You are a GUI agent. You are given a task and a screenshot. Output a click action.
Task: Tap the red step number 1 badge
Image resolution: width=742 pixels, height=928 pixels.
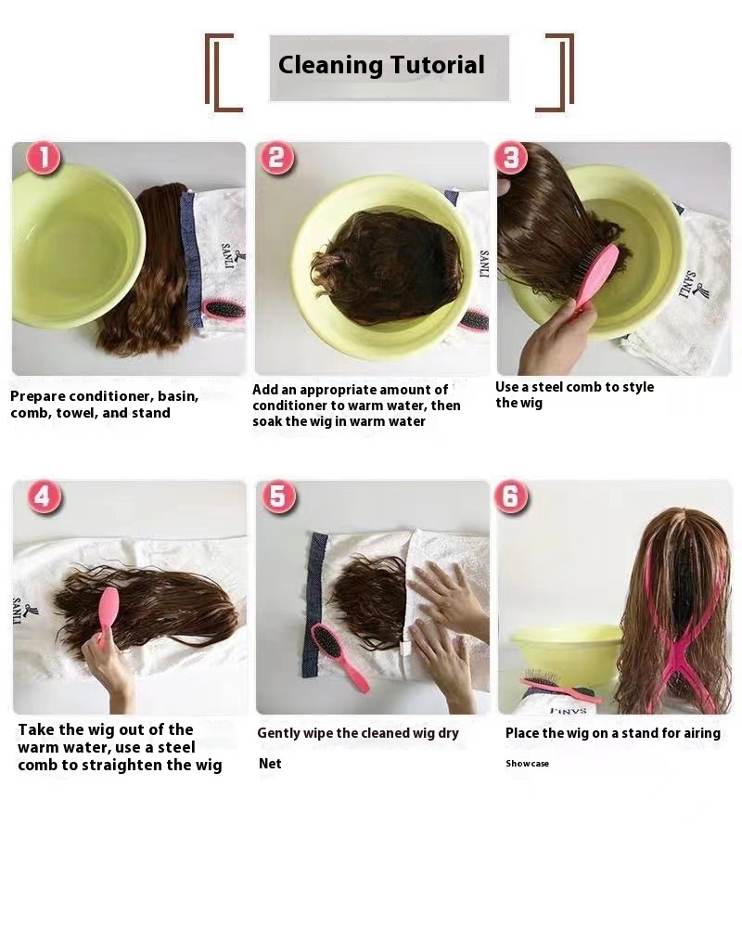pyautogui.click(x=43, y=159)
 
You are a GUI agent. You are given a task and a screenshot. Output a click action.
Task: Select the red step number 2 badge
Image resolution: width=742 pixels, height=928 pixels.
pyautogui.click(x=276, y=159)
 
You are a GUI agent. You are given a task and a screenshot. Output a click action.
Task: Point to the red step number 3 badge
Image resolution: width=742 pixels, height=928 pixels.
pyautogui.click(x=511, y=158)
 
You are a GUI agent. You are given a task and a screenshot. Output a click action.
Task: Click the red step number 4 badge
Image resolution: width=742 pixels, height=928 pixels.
pyautogui.click(x=44, y=496)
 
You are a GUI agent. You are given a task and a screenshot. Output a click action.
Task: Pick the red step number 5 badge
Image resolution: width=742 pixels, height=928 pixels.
pyautogui.click(x=278, y=496)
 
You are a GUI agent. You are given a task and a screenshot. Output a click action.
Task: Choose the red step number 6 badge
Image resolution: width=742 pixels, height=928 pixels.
pyautogui.click(x=511, y=496)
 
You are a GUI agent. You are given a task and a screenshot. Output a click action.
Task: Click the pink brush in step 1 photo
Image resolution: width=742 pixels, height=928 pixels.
pyautogui.click(x=224, y=309)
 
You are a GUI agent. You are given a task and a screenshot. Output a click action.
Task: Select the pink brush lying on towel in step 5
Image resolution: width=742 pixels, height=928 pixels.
pyautogui.click(x=339, y=656)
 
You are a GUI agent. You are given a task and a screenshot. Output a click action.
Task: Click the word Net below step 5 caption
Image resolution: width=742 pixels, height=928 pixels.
pyautogui.click(x=270, y=764)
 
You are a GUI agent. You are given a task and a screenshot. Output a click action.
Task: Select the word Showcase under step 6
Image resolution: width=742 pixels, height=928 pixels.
pyautogui.click(x=527, y=764)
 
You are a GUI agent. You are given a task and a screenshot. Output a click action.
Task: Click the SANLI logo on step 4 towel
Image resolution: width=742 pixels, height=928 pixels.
pyautogui.click(x=21, y=612)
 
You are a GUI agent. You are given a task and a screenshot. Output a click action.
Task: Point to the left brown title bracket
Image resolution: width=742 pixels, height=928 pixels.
pyautogui.click(x=222, y=72)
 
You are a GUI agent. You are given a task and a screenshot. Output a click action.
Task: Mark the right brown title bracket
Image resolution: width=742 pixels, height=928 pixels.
pyautogui.click(x=556, y=72)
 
